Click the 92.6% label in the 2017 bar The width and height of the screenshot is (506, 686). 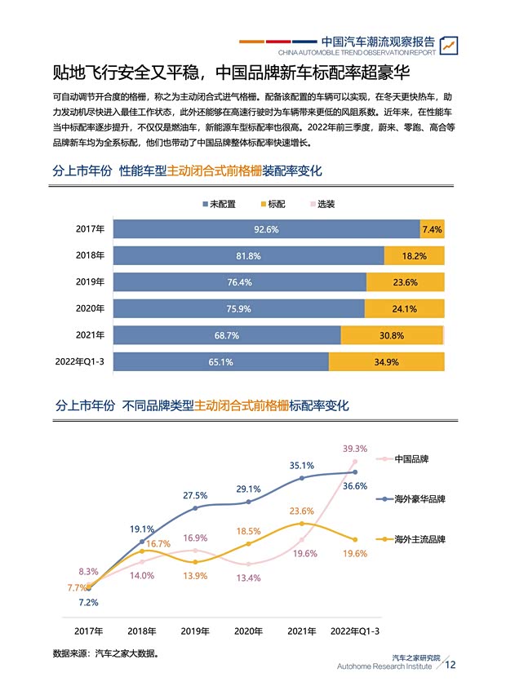266,229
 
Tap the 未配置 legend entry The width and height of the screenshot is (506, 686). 218,204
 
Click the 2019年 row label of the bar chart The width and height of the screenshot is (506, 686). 91,282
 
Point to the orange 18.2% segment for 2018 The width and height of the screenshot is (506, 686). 414,256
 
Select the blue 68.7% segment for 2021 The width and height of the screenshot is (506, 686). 227,335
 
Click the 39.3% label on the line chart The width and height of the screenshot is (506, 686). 354,449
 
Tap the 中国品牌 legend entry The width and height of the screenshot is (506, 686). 411,459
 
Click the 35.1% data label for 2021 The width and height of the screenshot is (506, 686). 302,465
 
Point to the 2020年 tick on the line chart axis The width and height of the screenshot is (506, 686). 249,631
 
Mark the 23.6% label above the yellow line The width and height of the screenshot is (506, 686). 302,511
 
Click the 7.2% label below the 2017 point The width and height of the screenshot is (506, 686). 87,603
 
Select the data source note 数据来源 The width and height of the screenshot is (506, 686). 105,653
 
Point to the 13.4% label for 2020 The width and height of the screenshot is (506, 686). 248,578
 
